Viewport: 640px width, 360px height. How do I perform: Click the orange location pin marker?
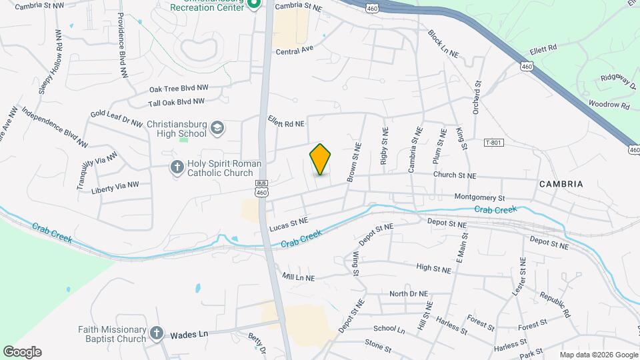tap(320, 159)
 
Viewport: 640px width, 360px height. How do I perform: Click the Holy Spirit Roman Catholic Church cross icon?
tap(177, 167)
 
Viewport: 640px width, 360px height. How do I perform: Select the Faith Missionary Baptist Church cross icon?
tap(156, 333)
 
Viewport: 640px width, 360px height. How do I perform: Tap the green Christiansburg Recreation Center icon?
tap(253, 5)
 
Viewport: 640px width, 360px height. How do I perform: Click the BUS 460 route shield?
tap(261, 187)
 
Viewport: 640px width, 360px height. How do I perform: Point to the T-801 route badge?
tap(493, 143)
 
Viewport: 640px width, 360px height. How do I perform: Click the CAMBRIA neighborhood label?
tap(561, 184)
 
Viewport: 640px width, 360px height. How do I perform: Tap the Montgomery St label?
tap(479, 197)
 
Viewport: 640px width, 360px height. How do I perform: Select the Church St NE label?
tap(454, 176)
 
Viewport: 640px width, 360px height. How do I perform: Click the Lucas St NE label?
tap(288, 223)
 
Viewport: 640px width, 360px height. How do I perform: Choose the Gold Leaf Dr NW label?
tap(117, 119)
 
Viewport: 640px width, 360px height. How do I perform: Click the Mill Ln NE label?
tap(299, 276)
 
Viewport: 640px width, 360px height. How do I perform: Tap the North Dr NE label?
tap(409, 293)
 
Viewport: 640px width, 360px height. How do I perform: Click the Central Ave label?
tap(294, 50)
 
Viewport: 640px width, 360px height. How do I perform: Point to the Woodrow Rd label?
tap(609, 105)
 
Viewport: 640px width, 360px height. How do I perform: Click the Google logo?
tap(22, 352)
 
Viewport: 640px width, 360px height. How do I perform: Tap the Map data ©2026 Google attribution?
tap(598, 355)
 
